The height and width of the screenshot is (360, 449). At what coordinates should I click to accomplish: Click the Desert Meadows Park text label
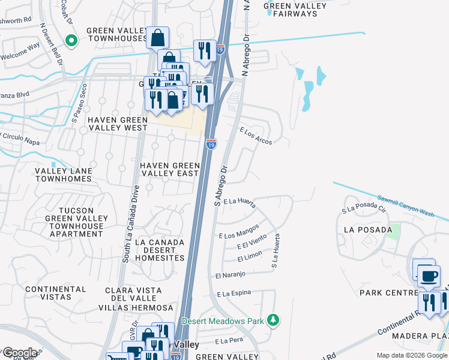[x=223, y=321]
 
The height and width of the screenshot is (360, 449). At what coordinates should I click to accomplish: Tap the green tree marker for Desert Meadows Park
[x=274, y=320]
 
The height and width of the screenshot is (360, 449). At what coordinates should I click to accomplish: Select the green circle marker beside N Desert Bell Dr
[x=71, y=41]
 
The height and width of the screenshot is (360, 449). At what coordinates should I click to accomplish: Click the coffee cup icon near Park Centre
[x=429, y=277]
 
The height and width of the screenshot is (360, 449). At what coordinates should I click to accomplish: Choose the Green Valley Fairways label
[x=295, y=11]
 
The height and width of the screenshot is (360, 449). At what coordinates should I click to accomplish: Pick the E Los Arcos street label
[x=256, y=136]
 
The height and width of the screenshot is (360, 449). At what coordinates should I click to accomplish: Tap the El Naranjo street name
[x=231, y=275]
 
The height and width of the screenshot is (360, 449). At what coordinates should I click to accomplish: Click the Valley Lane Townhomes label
[x=63, y=175]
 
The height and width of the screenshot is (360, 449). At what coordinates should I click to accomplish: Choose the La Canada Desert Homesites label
[x=160, y=250]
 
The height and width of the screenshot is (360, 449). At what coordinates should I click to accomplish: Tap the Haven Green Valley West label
[x=117, y=124]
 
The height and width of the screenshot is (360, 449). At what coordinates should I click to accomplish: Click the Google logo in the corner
[x=20, y=353]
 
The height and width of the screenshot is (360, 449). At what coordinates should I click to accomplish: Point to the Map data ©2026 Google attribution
[x=412, y=355]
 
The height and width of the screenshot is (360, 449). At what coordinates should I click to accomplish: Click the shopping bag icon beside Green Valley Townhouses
[x=157, y=38]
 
